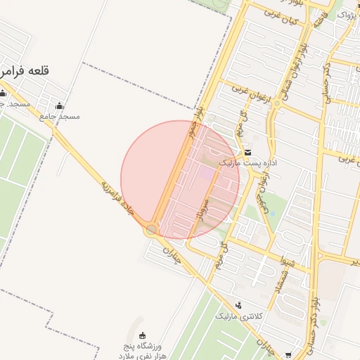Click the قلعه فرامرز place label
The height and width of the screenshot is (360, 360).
(x=26, y=72)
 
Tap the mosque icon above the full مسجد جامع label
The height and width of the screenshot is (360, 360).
(x=58, y=106)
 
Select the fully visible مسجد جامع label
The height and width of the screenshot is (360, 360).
(x=60, y=116)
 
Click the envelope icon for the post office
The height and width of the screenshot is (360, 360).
(x=247, y=153)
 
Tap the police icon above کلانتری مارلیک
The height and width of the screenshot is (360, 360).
(x=238, y=305)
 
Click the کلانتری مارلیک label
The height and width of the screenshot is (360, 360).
(x=238, y=316)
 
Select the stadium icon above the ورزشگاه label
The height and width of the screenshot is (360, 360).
(x=143, y=335)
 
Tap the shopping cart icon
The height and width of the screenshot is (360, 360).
(x=289, y=355)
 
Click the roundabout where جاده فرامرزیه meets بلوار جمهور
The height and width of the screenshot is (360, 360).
(x=151, y=230)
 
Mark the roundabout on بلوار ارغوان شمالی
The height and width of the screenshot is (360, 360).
(x=277, y=104)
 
